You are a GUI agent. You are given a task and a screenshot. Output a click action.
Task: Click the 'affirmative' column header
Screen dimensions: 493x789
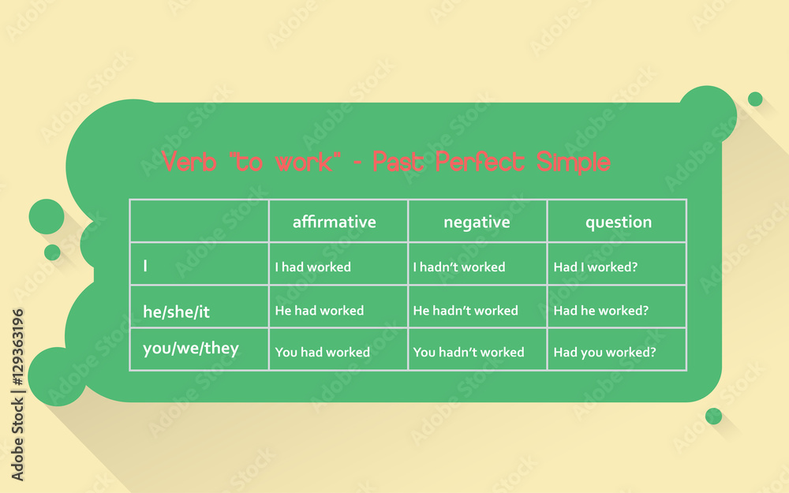pyautogui.click(x=334, y=222)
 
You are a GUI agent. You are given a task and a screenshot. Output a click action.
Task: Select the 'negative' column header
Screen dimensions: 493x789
pyautogui.click(x=477, y=222)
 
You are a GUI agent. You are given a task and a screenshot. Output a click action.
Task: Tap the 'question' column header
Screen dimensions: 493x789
pyautogui.click(x=618, y=222)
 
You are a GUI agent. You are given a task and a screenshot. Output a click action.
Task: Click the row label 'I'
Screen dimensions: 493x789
pyautogui.click(x=145, y=267)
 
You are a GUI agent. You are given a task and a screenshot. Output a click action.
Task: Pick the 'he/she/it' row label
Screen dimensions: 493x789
pyautogui.click(x=176, y=312)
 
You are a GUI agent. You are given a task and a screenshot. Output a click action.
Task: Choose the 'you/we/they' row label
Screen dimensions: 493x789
pyautogui.click(x=190, y=348)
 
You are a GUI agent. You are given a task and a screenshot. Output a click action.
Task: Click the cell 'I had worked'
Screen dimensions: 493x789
pyautogui.click(x=312, y=267)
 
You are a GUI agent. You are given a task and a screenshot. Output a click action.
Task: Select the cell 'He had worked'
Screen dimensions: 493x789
pyautogui.click(x=319, y=311)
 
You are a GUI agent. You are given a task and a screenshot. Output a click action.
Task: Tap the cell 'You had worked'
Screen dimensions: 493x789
pyautogui.click(x=322, y=352)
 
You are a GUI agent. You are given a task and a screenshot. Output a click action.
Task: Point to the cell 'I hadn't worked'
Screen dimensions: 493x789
pyautogui.click(x=458, y=267)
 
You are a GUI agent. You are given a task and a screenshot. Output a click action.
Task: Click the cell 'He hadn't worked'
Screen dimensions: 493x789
pyautogui.click(x=466, y=311)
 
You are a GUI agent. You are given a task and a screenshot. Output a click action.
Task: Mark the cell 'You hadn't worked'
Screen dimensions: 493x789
pyautogui.click(x=469, y=352)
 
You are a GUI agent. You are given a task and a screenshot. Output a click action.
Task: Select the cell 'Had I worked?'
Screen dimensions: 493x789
pyautogui.click(x=595, y=267)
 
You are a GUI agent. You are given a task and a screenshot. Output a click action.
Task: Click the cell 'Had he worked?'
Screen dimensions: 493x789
pyautogui.click(x=600, y=311)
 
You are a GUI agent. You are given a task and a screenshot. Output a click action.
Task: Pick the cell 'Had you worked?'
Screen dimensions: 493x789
pyautogui.click(x=604, y=352)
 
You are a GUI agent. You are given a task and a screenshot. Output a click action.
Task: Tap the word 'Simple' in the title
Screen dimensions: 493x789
pyautogui.click(x=573, y=162)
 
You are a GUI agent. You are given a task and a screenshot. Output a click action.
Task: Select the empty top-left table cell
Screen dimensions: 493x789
pyautogui.click(x=199, y=221)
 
